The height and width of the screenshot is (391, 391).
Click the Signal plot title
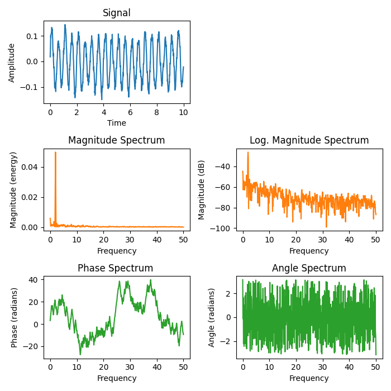click(117, 13)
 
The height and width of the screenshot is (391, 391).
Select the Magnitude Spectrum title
click(117, 140)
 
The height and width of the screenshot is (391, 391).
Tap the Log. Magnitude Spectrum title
click(309, 140)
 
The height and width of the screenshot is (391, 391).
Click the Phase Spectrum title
click(117, 268)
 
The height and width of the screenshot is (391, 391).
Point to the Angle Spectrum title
click(309, 268)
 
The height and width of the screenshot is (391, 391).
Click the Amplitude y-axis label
click(12, 62)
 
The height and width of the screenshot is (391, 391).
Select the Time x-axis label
click(117, 123)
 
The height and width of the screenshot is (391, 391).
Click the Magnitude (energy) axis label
click(13, 190)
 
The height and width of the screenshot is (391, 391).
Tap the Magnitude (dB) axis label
click(202, 190)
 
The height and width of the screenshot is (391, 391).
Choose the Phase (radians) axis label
click(15, 317)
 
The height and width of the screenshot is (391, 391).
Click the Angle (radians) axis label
click(212, 317)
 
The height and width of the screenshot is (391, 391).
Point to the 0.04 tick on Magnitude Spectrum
click(32, 167)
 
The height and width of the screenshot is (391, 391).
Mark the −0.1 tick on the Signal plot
click(31, 87)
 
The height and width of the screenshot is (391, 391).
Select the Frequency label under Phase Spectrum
click(117, 378)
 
